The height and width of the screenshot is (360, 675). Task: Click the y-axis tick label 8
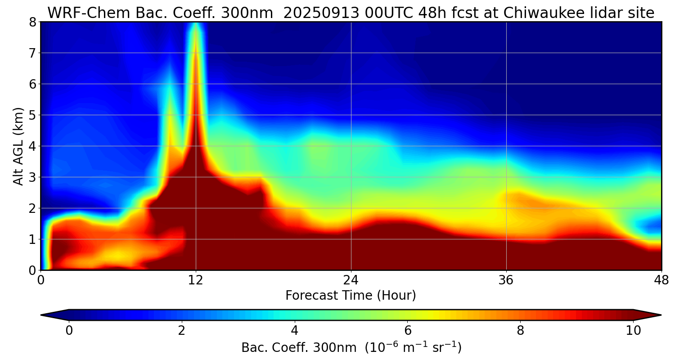[32, 22]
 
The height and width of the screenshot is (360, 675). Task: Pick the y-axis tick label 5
[32, 115]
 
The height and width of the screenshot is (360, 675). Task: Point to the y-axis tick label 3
[32, 177]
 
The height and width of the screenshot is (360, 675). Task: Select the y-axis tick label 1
[32, 239]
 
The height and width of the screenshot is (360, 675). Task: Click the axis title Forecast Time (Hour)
[351, 296]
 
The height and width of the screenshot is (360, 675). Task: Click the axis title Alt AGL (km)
[18, 146]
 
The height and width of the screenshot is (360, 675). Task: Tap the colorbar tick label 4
[295, 331]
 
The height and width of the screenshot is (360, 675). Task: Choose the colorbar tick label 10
[633, 331]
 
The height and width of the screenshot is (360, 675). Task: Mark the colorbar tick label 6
[408, 331]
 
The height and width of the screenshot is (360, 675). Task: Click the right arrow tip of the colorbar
[660, 315]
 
